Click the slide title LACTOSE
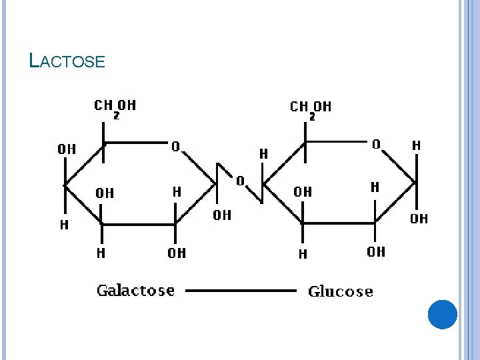coord(67,61)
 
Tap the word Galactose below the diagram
coord(135,291)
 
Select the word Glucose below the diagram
coord(340,292)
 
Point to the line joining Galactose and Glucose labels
coord(240,291)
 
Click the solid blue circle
coord(442,314)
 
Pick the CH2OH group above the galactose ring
coord(115,107)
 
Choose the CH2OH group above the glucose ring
coord(310,107)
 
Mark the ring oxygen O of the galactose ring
coord(175,146)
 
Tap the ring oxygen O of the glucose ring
coord(376,144)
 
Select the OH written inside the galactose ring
coord(105,193)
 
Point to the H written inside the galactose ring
coord(177,192)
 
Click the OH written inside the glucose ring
coord(302,192)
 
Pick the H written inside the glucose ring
coord(375,187)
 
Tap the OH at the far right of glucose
coord(419,219)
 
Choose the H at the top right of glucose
coord(416,145)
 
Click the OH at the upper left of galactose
coord(67,149)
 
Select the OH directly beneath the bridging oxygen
coord(222,215)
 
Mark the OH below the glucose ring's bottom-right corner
coord(376,251)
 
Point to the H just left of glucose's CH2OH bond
coord(263,154)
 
